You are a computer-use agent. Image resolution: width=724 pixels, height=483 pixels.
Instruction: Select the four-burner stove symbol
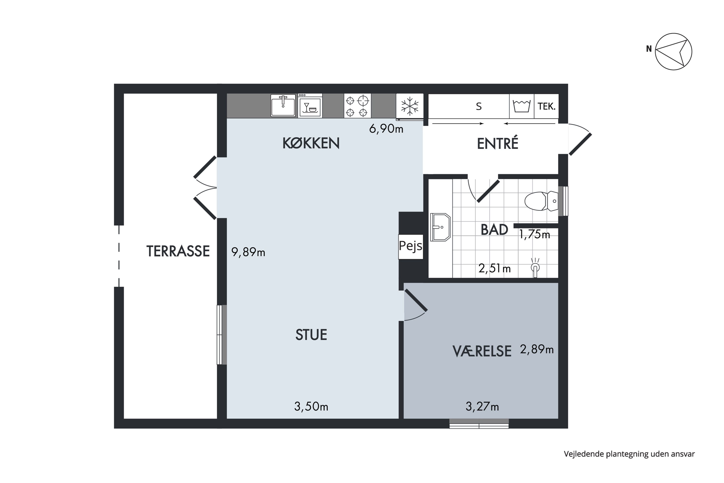click(x=357, y=106)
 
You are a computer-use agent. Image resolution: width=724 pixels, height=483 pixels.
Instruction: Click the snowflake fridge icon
click(x=410, y=106)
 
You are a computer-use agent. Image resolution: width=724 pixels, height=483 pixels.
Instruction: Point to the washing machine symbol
click(x=522, y=106)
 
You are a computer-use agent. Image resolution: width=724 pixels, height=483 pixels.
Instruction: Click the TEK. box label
click(x=546, y=106)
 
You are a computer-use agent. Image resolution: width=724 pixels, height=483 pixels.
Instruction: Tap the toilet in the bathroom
click(x=541, y=201)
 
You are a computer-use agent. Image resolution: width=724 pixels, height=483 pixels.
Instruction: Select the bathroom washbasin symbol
click(x=440, y=227)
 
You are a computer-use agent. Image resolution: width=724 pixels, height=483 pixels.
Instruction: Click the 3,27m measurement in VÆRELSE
click(x=482, y=407)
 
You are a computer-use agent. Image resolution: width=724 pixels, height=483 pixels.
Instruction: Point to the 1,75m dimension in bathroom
click(x=534, y=234)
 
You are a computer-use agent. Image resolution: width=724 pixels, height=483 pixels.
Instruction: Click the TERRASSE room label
click(x=178, y=251)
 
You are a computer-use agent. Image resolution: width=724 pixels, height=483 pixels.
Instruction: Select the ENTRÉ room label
click(x=497, y=143)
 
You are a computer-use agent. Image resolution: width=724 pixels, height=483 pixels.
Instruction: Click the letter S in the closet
click(x=479, y=107)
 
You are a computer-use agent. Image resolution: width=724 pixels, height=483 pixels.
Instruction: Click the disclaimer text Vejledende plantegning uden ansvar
click(x=629, y=454)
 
